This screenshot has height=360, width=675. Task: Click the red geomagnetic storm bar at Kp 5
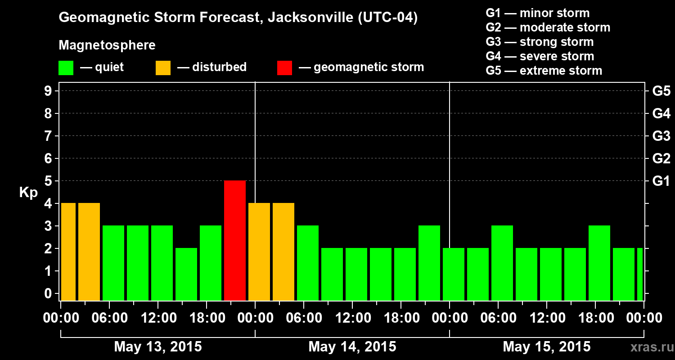click(235, 240)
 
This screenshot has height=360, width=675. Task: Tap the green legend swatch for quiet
click(66, 68)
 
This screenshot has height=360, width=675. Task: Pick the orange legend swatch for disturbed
click(163, 68)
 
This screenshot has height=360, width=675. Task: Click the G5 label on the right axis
click(661, 91)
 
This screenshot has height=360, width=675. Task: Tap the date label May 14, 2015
click(352, 346)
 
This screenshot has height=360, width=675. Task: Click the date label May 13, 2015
click(158, 346)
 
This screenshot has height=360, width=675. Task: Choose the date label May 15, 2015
click(546, 346)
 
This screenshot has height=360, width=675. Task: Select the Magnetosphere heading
click(107, 45)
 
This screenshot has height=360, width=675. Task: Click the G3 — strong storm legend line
click(540, 42)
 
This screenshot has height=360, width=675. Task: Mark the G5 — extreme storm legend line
click(544, 71)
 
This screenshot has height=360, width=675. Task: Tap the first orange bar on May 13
click(68, 252)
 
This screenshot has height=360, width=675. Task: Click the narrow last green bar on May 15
click(640, 274)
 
